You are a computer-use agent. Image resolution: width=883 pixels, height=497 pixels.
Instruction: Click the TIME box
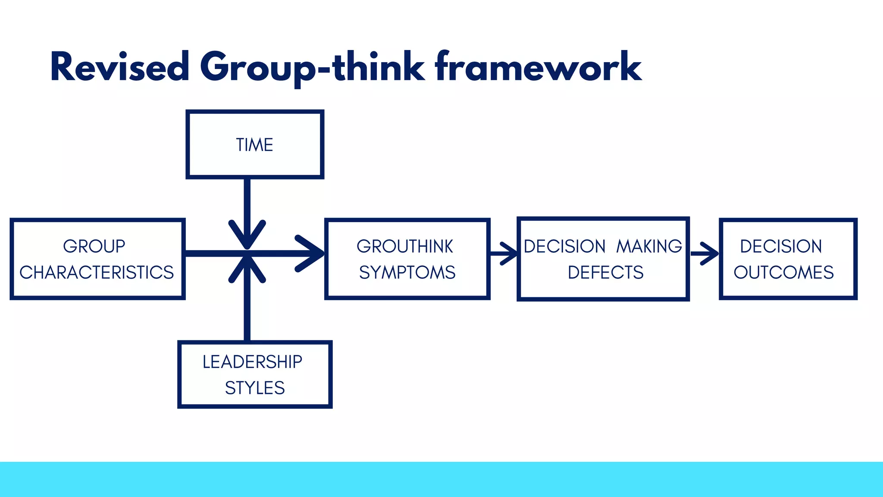pos(254,145)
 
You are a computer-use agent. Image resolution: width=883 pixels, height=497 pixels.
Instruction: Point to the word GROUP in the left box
pos(94,246)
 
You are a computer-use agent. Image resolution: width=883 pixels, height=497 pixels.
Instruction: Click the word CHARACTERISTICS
pos(97,272)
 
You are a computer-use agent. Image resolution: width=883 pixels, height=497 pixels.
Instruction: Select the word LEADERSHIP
pos(253,362)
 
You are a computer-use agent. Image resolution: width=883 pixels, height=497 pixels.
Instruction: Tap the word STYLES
pos(255,388)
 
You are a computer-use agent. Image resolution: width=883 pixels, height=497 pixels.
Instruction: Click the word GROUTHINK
pos(405,246)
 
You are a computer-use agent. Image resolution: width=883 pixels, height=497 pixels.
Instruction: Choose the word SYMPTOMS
pos(407,272)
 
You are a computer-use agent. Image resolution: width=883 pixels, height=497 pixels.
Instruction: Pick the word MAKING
pos(649,246)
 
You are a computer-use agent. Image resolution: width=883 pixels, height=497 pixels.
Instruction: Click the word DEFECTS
pos(605,272)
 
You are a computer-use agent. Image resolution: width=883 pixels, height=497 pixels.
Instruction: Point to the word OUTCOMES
pos(784,272)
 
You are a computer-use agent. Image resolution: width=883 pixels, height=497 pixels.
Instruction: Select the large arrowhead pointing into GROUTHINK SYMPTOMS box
pos(310,253)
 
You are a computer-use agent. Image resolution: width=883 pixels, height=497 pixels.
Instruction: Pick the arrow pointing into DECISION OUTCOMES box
pos(705,254)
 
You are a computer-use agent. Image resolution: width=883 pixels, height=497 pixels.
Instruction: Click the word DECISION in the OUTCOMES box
pos(781,246)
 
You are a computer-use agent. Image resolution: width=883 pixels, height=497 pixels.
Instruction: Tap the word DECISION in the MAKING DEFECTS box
pos(565,246)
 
